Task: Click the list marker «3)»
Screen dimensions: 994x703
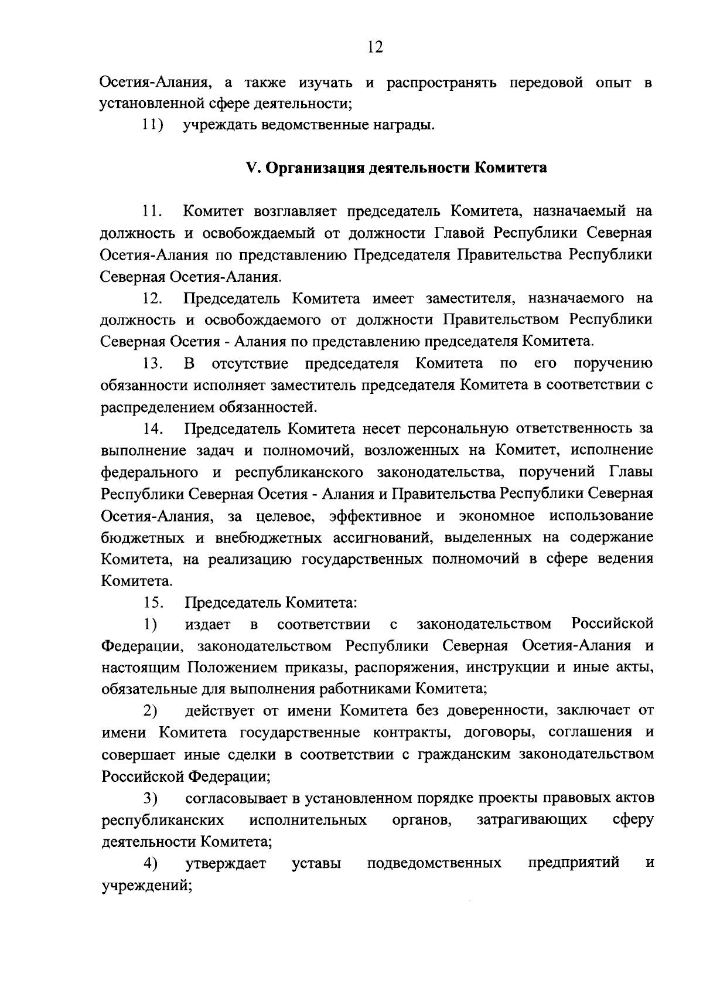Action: (151, 798)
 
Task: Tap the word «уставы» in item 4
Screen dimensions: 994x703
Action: (316, 863)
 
